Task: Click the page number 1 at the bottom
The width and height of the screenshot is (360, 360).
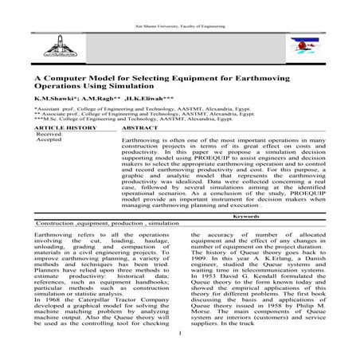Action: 181,344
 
